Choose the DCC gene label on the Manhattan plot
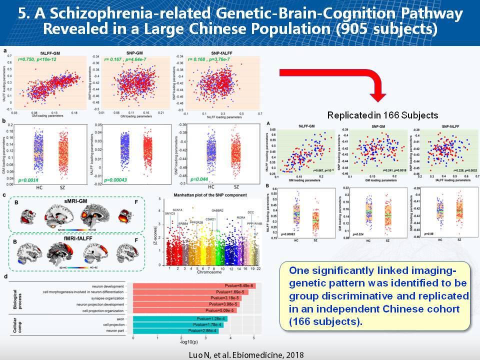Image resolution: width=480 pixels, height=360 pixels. tap(251, 213)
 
